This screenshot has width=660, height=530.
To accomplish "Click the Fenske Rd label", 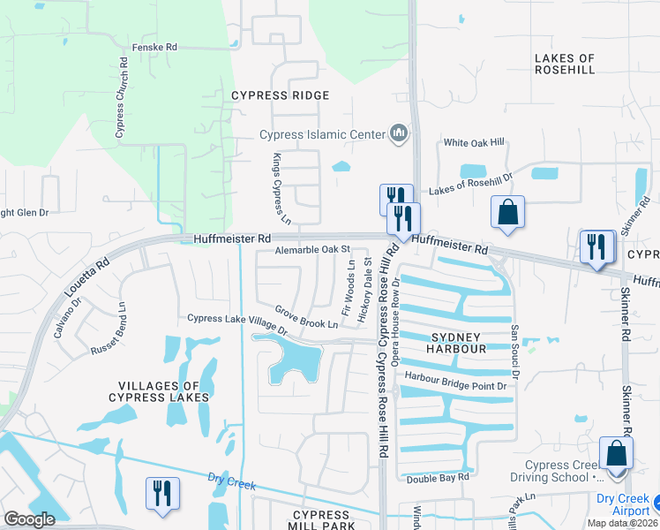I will point(154,47).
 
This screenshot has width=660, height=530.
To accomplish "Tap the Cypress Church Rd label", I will point(120,98).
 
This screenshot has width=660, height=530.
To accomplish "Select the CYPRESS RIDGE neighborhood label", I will point(280,95).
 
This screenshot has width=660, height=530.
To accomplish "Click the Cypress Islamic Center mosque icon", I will point(398,134).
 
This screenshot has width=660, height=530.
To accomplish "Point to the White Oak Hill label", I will point(474,142).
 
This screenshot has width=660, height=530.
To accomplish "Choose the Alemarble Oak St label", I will point(312,250).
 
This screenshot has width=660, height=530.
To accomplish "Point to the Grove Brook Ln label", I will point(306,317).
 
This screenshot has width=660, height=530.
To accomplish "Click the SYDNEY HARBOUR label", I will point(458,344).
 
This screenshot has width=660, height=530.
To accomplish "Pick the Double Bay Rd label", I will point(438,478).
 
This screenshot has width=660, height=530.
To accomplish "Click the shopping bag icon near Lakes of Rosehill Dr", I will point(507,211).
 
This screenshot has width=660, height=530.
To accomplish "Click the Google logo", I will point(29,519).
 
